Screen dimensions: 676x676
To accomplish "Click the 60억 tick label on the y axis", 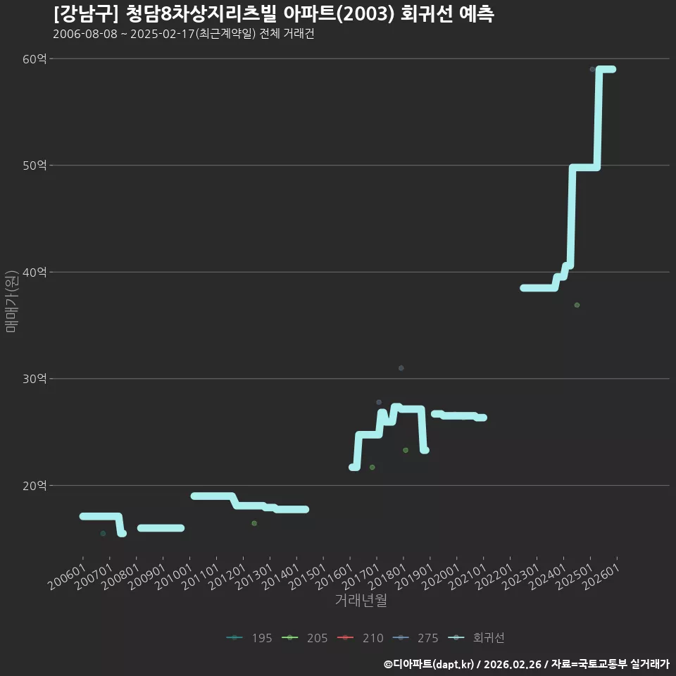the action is point(35,59).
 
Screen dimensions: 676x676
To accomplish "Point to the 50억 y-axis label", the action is point(35,165).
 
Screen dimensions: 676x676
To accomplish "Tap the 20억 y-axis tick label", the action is point(35,486).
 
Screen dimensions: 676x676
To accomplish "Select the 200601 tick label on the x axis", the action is point(66,577).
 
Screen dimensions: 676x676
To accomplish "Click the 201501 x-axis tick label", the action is point(307,577).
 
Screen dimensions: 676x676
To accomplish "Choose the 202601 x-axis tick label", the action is point(601,577).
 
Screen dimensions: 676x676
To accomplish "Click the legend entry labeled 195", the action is point(249,638).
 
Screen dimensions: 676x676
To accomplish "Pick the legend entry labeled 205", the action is point(304,638).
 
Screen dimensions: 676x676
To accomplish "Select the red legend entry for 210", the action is point(360,638).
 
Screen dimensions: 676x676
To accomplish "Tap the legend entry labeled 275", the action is point(415,638).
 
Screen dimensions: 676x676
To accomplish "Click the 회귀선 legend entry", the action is point(476,638).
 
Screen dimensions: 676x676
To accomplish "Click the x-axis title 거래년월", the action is point(361,600).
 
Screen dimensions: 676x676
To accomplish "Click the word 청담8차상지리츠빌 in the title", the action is point(201,14).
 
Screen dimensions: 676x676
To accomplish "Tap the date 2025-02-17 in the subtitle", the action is point(163,34).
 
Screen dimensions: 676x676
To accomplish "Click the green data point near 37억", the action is point(577,305).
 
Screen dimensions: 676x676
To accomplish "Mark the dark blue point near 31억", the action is point(401,368).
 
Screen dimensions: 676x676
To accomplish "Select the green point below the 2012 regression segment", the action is point(254,523).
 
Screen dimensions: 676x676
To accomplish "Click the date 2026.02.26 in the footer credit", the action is point(513,664).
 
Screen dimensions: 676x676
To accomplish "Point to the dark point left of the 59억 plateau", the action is point(592,70).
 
